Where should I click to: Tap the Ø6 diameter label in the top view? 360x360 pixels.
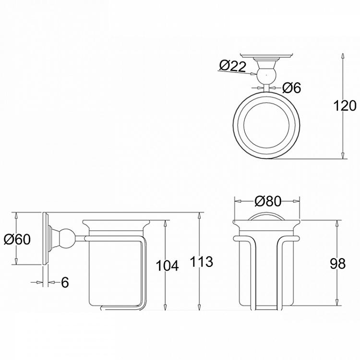(x=291, y=88)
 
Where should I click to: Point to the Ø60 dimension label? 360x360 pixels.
(x=16, y=239)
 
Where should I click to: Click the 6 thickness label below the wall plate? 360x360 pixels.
(x=65, y=283)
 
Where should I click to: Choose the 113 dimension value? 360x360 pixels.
(x=202, y=262)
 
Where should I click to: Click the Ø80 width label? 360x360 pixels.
(x=267, y=202)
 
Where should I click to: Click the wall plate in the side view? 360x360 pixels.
(x=46, y=238)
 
